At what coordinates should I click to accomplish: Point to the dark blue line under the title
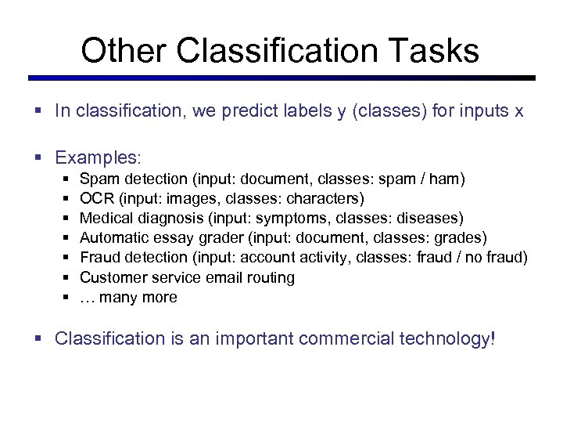click(281, 78)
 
